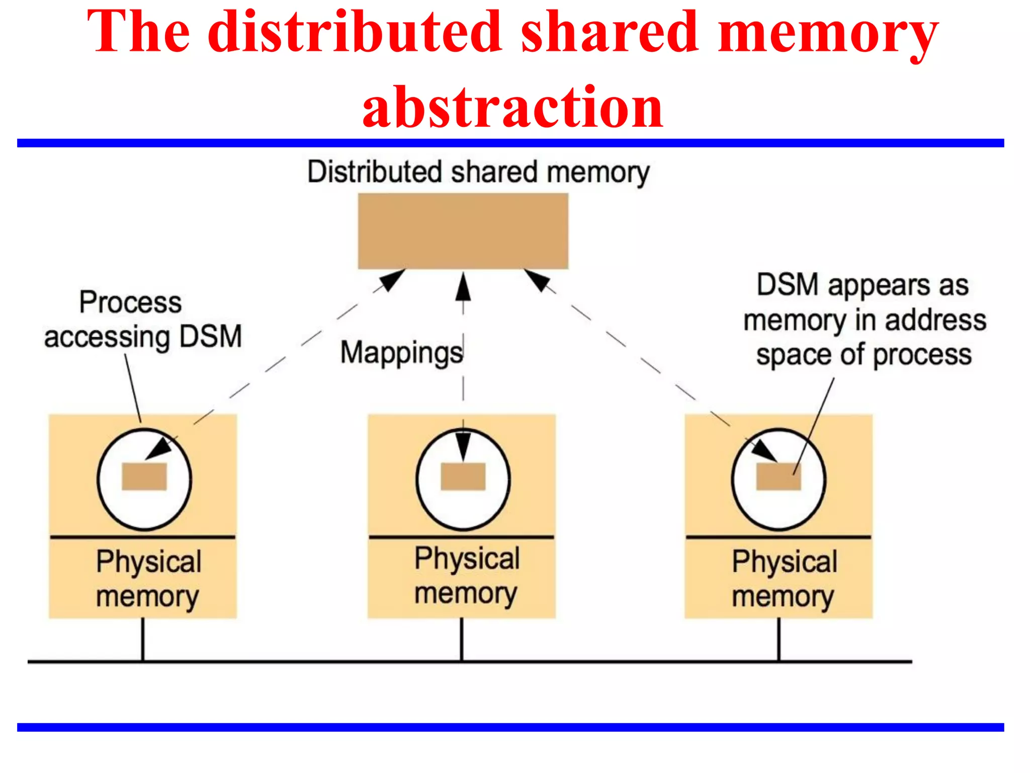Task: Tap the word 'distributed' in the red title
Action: (355, 32)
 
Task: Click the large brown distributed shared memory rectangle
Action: (463, 231)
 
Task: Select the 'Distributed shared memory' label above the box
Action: (478, 172)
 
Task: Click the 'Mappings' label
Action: (401, 352)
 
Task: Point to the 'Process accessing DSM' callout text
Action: (142, 320)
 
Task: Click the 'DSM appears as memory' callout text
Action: (864, 320)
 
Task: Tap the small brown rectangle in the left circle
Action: (144, 476)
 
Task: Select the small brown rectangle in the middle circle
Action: (463, 476)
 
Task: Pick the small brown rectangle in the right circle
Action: (778, 476)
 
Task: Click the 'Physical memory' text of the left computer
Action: (148, 579)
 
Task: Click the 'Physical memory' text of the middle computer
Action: (466, 575)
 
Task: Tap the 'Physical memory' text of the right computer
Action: (784, 579)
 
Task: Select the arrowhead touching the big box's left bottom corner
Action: (393, 280)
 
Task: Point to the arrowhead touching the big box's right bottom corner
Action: (537, 280)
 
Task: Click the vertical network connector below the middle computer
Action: (461, 639)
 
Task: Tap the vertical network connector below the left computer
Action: (143, 639)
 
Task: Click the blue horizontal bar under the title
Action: (510, 143)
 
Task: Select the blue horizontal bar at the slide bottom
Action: (510, 727)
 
